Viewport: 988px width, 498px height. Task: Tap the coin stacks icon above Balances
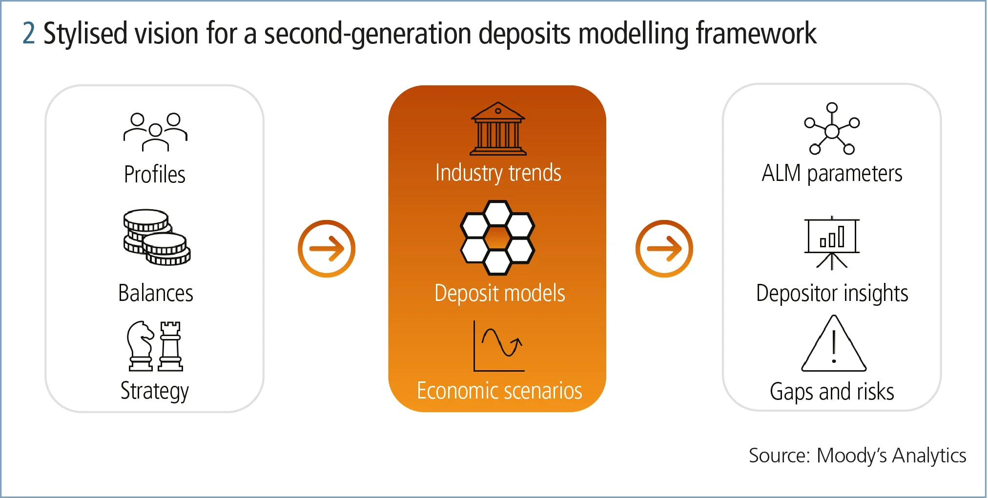click(x=157, y=238)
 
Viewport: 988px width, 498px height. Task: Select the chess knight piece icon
click(x=140, y=346)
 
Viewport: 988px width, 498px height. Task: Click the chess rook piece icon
click(x=170, y=346)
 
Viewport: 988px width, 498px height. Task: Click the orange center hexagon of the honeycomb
click(x=497, y=238)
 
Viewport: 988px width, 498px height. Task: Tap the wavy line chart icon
click(x=499, y=346)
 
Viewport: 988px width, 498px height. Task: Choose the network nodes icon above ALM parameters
click(x=832, y=129)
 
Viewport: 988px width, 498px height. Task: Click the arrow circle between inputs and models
click(x=327, y=249)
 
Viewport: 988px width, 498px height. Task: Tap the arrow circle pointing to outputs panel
click(x=664, y=249)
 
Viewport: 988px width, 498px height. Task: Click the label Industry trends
click(x=498, y=173)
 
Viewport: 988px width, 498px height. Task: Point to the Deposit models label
click(x=499, y=293)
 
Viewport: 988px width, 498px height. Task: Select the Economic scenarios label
click(x=499, y=391)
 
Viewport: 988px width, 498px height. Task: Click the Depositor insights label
click(x=832, y=293)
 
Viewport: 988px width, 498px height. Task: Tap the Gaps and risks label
click(x=832, y=392)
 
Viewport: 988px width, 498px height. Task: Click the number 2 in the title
click(x=29, y=34)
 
